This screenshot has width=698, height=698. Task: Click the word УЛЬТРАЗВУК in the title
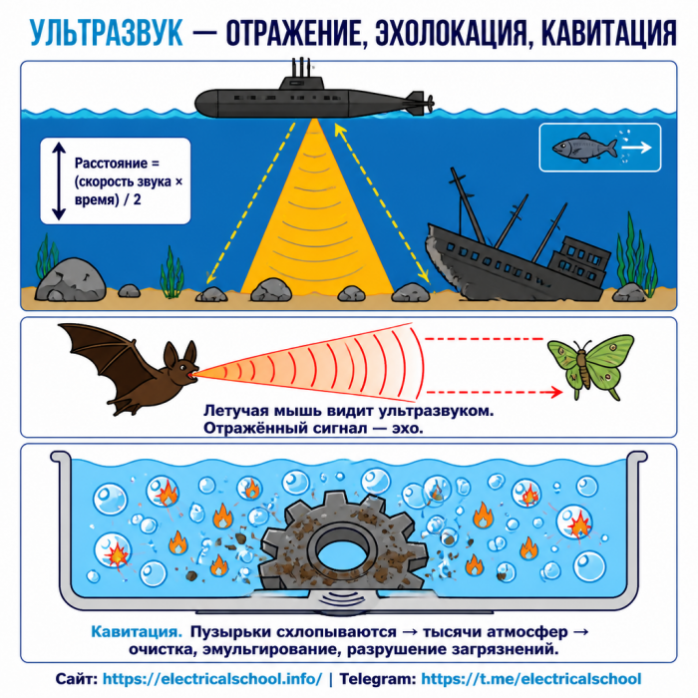click(x=107, y=32)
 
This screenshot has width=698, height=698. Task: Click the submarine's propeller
click(x=429, y=104)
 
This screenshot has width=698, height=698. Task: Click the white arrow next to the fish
click(x=637, y=147)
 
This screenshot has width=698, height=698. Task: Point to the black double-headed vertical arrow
click(x=59, y=181)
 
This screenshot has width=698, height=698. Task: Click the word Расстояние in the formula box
click(x=111, y=164)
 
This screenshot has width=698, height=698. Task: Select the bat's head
click(x=180, y=365)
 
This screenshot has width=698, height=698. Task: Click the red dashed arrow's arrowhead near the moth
click(x=556, y=392)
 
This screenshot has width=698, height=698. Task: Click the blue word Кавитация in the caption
click(x=137, y=631)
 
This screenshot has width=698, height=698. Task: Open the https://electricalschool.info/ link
click(x=212, y=679)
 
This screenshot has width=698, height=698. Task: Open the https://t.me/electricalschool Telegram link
click(x=531, y=679)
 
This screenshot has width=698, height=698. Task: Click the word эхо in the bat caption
click(x=406, y=429)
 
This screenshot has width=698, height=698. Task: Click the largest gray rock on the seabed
click(x=71, y=279)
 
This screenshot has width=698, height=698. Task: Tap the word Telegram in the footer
click(x=378, y=679)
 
